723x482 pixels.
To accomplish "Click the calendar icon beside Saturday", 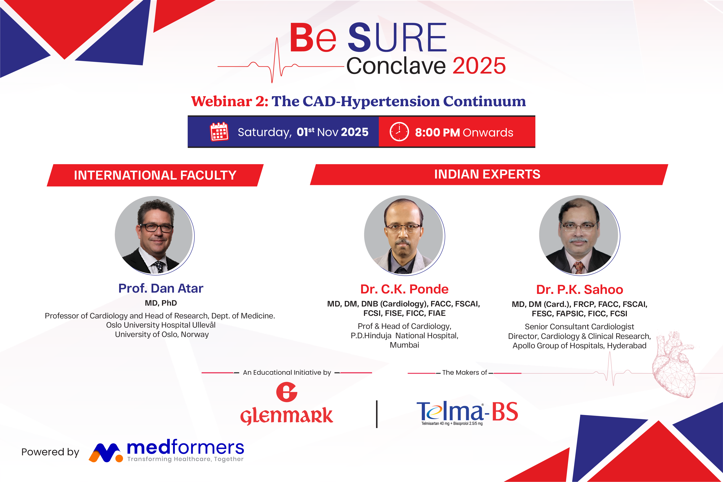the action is pos(219,132).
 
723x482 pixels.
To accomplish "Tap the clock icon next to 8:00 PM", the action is pos(399,132).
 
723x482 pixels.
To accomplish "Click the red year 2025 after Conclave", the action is pos(479,66).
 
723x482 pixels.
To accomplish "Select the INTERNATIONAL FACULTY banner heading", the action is pos(155,175).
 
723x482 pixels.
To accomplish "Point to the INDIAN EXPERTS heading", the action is pos(487,174).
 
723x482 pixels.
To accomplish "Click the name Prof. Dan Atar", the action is pos(161,288).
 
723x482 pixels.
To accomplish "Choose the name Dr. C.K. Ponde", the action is pos(404,289).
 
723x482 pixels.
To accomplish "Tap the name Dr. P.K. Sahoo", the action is pos(580,290).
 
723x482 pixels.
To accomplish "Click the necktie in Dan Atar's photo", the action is pos(159,266).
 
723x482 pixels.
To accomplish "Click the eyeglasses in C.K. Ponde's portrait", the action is pos(404,228).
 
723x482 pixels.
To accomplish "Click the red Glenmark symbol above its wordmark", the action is pos(287,392).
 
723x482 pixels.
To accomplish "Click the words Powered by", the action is pos(50,452).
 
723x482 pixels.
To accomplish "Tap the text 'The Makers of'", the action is pos(464,373).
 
